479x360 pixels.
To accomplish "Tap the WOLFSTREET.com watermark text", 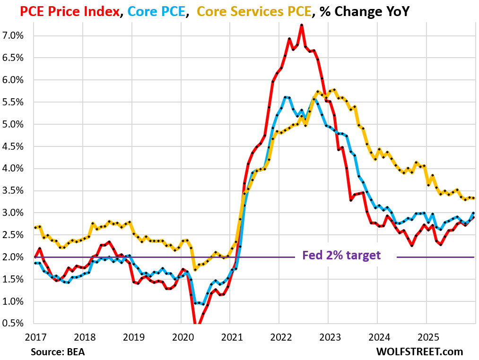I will pos(419,352).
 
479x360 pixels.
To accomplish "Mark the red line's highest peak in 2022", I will pos(302,25).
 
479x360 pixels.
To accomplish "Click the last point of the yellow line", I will pos(474,198).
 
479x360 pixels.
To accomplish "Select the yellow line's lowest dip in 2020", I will pos(195,269).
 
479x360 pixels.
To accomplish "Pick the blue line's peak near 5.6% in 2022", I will pos(286,97).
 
